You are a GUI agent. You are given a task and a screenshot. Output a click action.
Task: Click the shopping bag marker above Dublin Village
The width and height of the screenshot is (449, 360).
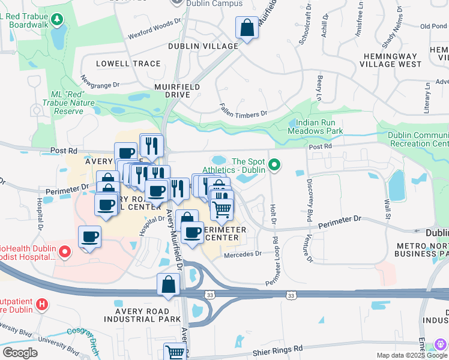pos(247,28)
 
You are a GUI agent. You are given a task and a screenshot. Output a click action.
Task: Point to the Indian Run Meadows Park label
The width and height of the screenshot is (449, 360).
pos(315,126)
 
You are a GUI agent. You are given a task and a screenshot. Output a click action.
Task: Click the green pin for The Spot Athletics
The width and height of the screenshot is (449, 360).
pos(275,164)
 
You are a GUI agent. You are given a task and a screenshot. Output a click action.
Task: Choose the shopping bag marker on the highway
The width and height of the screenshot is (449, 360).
pos(169,284)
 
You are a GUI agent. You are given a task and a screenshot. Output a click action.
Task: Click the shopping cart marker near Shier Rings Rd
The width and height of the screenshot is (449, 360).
pos(175,353)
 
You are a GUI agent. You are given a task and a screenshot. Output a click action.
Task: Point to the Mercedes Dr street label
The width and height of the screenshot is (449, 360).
pos(243,254)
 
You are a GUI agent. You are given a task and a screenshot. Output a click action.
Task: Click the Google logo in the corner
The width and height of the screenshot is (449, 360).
pos(20,353)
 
